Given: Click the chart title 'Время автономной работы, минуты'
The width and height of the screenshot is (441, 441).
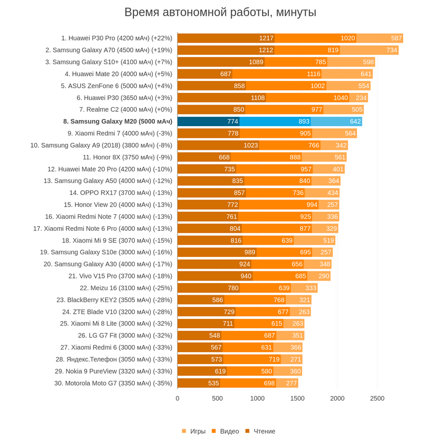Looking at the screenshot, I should pos(221,12).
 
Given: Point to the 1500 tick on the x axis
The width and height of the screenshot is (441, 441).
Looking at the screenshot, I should pos(297,398).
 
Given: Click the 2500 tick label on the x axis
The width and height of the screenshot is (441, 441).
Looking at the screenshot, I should pos(377,398).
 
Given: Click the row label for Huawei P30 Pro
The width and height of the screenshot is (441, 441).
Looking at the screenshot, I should pos(116,38).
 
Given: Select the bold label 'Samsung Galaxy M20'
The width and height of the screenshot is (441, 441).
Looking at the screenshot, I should pos(117,122).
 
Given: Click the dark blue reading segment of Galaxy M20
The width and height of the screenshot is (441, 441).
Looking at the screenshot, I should pos(208,122).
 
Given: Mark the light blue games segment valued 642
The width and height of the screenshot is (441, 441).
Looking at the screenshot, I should pos(336,122).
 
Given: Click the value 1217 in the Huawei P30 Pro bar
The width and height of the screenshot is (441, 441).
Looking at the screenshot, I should pos(266,38).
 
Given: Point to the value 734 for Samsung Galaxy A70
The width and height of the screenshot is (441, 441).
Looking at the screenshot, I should pos(392,50).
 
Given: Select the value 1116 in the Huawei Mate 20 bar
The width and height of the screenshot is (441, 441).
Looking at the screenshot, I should pos(314,74).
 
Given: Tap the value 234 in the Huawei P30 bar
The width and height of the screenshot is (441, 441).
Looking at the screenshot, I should pos(361,97).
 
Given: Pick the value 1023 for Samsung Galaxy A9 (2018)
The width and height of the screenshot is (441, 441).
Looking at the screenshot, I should pos(251,145).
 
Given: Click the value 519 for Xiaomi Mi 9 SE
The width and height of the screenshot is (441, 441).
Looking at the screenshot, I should pos(328,240).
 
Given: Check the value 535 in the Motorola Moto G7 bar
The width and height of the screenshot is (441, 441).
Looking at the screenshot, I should pos(213,383).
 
